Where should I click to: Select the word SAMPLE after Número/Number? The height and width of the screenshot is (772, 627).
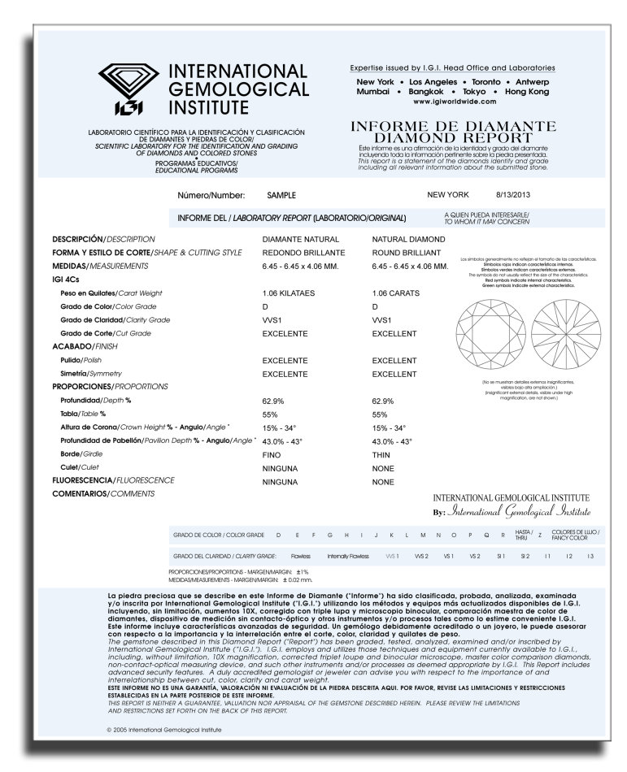click(281, 196)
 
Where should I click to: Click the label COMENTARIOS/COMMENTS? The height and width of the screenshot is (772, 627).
click(92, 494)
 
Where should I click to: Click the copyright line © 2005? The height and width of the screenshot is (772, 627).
click(163, 729)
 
